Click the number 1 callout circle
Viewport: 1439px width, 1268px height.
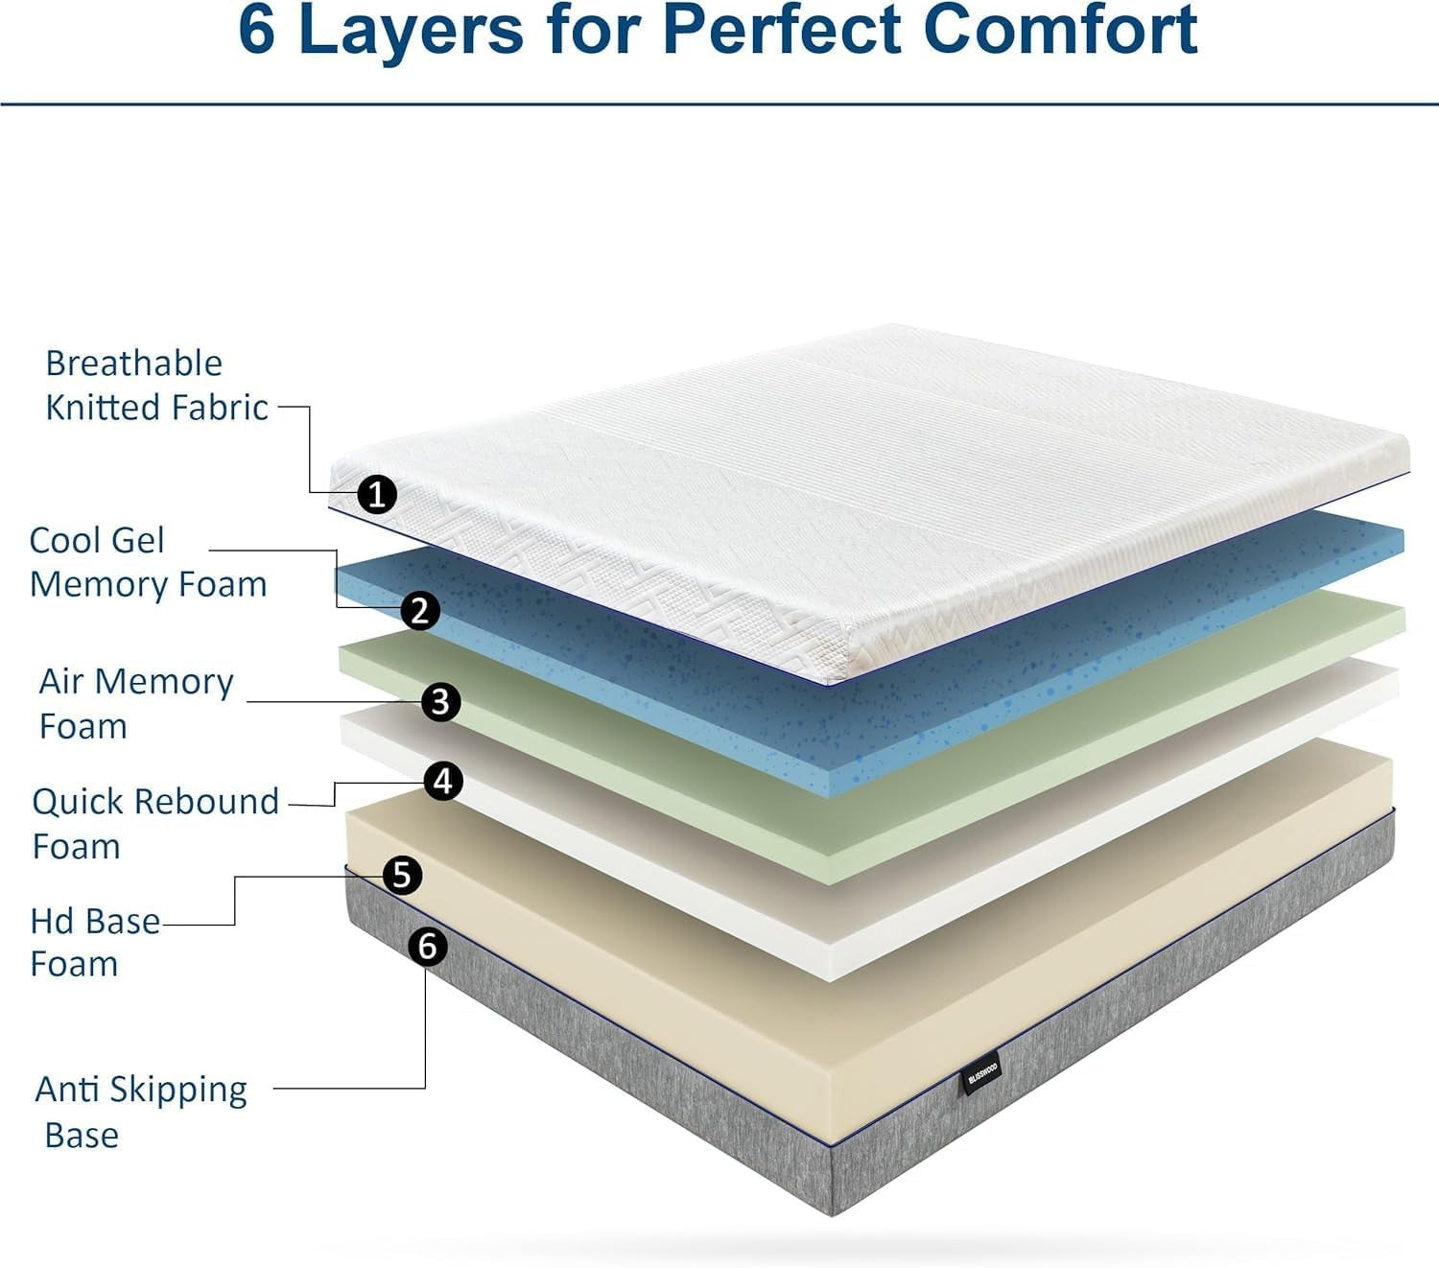[376, 494]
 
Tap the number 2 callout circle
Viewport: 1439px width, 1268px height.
[420, 610]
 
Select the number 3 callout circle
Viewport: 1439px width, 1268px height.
[440, 702]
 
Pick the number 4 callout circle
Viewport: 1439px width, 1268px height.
[443, 782]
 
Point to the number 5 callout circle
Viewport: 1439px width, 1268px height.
[402, 875]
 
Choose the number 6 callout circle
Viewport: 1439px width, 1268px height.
[428, 947]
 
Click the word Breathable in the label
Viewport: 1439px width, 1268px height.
[133, 363]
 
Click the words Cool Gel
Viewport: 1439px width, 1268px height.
[97, 540]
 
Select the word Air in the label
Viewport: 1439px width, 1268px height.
[61, 681]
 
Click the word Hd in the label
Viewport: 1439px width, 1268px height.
[51, 922]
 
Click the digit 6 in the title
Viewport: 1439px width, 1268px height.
[256, 30]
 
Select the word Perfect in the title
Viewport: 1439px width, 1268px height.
[781, 30]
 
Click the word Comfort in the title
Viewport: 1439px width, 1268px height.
[1061, 30]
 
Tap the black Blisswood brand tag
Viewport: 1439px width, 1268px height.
[982, 1074]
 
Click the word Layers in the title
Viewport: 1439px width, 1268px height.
[412, 30]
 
